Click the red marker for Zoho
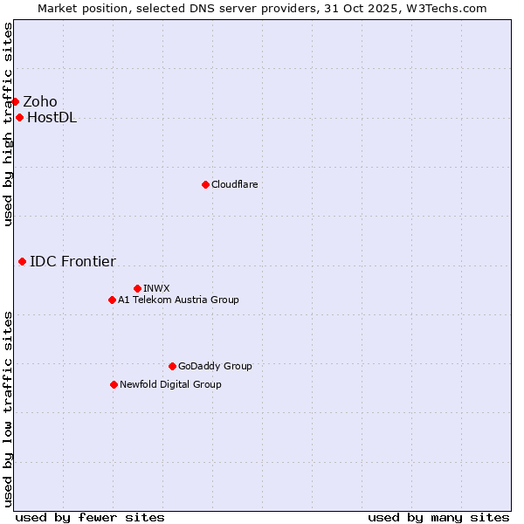click(x=15, y=101)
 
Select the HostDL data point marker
click(x=19, y=118)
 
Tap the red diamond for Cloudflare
click(x=205, y=184)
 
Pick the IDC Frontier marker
click(x=22, y=261)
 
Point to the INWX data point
click(x=137, y=288)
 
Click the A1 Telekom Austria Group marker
click(x=112, y=300)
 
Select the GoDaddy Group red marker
click(x=172, y=366)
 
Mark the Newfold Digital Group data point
click(x=114, y=384)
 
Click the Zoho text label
click(x=40, y=101)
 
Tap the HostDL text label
click(x=52, y=118)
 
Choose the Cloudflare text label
click(x=234, y=184)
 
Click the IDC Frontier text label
click(x=72, y=261)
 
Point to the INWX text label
click(x=156, y=288)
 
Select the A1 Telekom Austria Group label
click(x=178, y=300)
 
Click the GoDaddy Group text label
click(x=215, y=366)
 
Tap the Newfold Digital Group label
click(x=170, y=384)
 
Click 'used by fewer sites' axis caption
click(x=90, y=517)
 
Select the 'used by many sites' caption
click(x=438, y=517)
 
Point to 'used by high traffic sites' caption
click(x=8, y=124)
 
